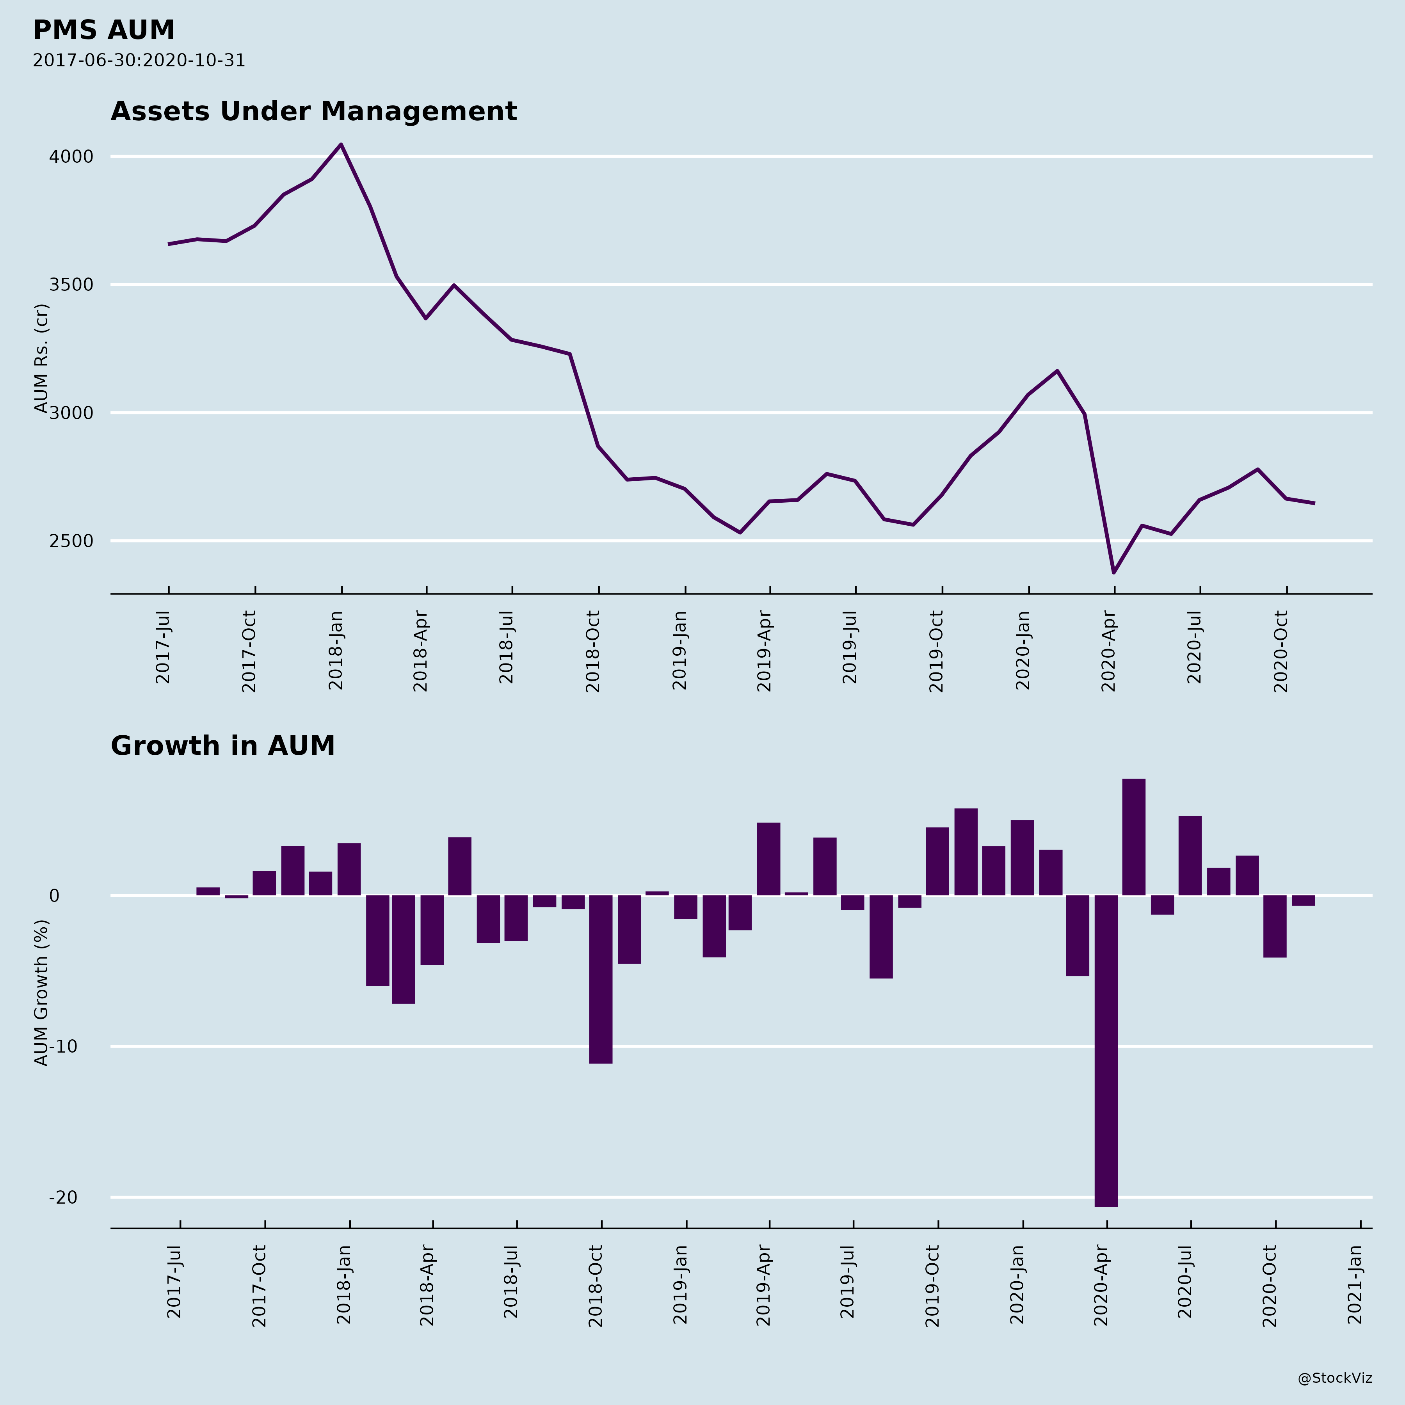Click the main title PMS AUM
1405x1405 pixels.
coord(103,30)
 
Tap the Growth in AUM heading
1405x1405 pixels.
coord(222,746)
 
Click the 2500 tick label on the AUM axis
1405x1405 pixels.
coord(71,541)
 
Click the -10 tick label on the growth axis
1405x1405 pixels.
coord(63,1046)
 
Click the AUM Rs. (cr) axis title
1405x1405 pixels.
coord(41,358)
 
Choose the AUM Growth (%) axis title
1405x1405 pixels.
coord(41,992)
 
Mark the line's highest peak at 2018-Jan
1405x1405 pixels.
coord(341,145)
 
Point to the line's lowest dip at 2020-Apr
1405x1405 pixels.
coord(1113,572)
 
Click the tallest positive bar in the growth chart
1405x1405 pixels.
coord(1134,836)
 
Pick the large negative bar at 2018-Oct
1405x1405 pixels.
coord(601,979)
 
